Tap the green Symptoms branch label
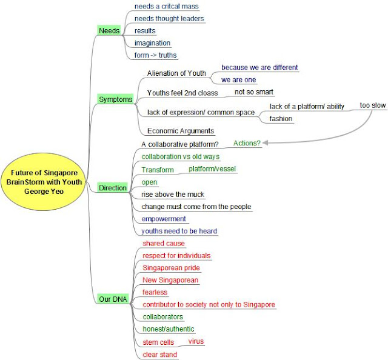coord(115,99)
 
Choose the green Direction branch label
coord(113,188)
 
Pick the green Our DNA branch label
coord(112,299)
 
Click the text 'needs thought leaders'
coord(169,18)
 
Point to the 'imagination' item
coord(152,43)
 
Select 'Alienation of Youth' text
coord(176,73)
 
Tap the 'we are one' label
coord(239,79)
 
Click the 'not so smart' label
coord(255,92)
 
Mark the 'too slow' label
coord(372,105)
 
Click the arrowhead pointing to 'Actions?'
coord(265,143)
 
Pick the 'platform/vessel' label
coord(212,168)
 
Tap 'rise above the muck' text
coord(173,195)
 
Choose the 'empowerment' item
coord(164,219)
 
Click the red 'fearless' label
coord(155,292)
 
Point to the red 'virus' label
coord(196,341)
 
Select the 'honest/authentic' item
coord(168,329)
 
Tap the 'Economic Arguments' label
coord(181,130)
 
